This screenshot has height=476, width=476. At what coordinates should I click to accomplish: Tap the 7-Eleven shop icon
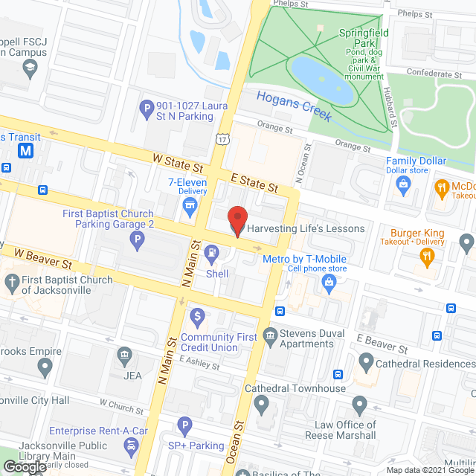pyautogui.click(x=190, y=205)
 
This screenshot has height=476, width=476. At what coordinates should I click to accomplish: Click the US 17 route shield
pyautogui.click(x=222, y=139)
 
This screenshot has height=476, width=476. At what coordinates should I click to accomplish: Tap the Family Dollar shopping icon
pyautogui.click(x=405, y=183)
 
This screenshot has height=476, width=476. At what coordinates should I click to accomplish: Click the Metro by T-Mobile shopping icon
pyautogui.click(x=328, y=281)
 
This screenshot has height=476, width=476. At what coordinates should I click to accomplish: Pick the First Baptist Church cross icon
pyautogui.click(x=10, y=281)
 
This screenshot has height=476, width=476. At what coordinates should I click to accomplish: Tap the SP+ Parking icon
pyautogui.click(x=185, y=426)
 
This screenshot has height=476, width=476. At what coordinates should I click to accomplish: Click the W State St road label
pyautogui.click(x=178, y=160)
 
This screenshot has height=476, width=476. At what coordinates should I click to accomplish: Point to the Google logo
pyautogui.click(x=24, y=466)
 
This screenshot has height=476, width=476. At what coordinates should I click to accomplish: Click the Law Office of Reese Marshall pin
pyautogui.click(x=360, y=406)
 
